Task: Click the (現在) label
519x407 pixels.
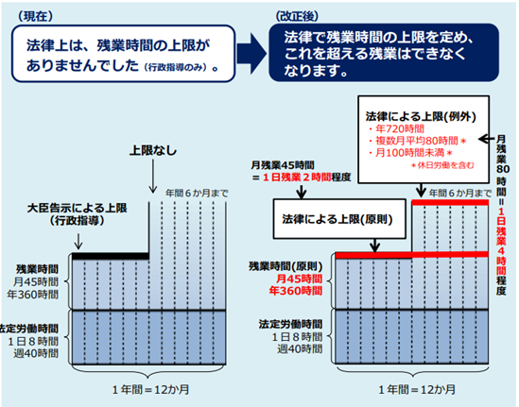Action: pyautogui.click(x=35, y=17)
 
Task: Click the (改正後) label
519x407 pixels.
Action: pyautogui.click(x=297, y=16)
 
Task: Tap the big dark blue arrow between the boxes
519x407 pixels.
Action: pyautogui.click(x=252, y=53)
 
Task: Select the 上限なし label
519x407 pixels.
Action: pyautogui.click(x=153, y=151)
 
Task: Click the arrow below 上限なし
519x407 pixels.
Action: pyautogui.click(x=152, y=177)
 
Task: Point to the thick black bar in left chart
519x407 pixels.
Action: pyautogui.click(x=111, y=256)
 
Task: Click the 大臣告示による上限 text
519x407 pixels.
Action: pyautogui.click(x=78, y=209)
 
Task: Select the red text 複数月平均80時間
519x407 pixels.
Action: pyautogui.click(x=416, y=141)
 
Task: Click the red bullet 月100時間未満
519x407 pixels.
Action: pyautogui.click(x=409, y=153)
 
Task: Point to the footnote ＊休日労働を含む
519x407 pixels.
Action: pyautogui.click(x=442, y=165)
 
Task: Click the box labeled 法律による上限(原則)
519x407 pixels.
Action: pyautogui.click(x=339, y=219)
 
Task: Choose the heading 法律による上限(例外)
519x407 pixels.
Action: pyautogui.click(x=421, y=116)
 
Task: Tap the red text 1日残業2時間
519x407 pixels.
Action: pyautogui.click(x=297, y=178)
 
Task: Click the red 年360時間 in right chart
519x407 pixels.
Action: pyautogui.click(x=295, y=291)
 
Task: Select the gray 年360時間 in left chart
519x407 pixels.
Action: pyautogui.click(x=33, y=295)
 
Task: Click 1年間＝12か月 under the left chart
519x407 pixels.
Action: pyautogui.click(x=150, y=389)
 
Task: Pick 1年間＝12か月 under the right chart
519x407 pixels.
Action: pyautogui.click(x=417, y=389)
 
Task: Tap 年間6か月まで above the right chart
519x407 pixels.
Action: pyautogui.click(x=460, y=193)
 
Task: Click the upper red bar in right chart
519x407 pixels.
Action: pyautogui.click(x=450, y=202)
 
